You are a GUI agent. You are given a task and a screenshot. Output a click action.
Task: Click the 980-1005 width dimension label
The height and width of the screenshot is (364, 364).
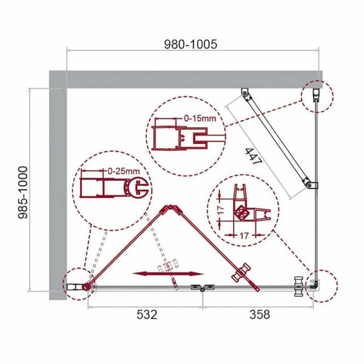190,44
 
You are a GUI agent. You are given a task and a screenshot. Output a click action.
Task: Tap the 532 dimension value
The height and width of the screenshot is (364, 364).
147,315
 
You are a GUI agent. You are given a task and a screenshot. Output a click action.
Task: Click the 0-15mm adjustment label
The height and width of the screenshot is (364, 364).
200,119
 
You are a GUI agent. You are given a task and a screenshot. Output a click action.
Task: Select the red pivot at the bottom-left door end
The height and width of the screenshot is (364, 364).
88,286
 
